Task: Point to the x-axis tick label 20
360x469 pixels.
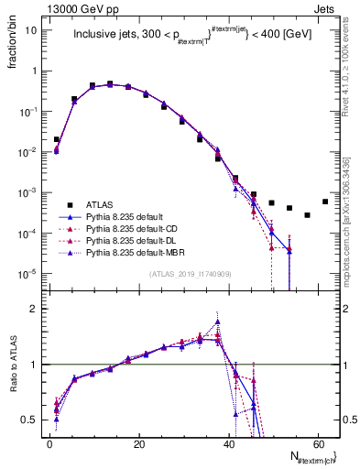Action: (x=138, y=444)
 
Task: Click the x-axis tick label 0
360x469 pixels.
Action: (x=49, y=444)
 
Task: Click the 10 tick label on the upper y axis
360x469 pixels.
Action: (x=32, y=29)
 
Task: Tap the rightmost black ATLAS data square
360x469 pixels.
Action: (x=325, y=202)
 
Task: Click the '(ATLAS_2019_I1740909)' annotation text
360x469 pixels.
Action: (x=189, y=275)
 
